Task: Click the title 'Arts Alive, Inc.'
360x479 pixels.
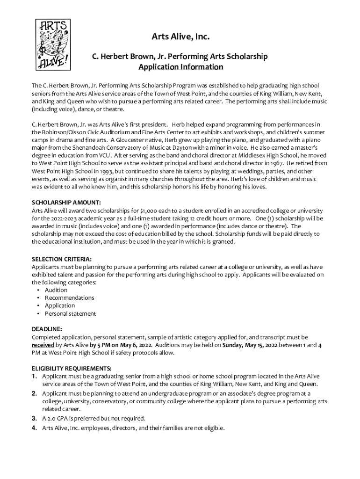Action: click(x=180, y=36)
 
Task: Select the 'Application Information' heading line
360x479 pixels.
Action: click(x=180, y=67)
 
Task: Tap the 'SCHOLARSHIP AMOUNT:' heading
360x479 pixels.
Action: click(x=66, y=202)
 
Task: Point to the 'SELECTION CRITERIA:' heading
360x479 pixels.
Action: click(x=62, y=259)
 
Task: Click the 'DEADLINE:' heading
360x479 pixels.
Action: click(x=47, y=329)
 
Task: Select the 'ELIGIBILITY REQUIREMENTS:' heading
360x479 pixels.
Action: click(x=72, y=368)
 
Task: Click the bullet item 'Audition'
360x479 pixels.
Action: click(x=56, y=290)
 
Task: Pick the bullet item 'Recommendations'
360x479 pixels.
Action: click(x=69, y=298)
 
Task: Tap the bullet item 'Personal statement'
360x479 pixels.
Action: click(x=70, y=313)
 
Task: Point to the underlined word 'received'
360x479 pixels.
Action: click(x=43, y=345)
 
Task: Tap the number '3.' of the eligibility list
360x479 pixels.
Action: click(x=35, y=418)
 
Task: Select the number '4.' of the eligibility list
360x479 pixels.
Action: click(x=35, y=428)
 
